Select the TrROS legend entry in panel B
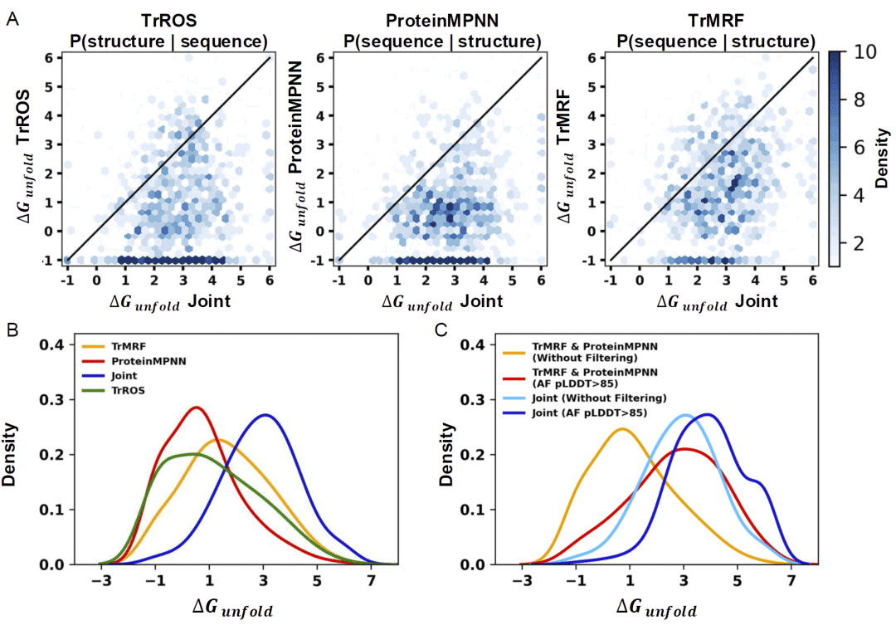134,392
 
